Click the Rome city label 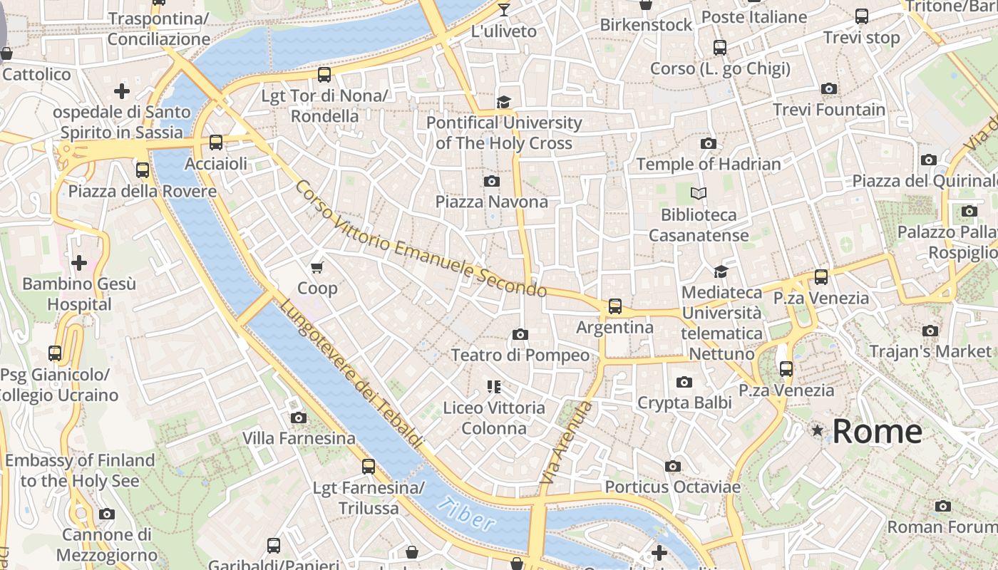click(x=877, y=432)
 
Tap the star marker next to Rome click(x=817, y=430)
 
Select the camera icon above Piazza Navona click(x=491, y=181)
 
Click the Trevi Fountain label click(x=829, y=110)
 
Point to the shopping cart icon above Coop click(x=317, y=267)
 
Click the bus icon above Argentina click(x=614, y=306)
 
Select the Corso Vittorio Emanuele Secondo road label click(x=421, y=239)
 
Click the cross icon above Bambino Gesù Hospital click(x=79, y=263)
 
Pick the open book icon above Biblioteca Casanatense click(x=699, y=193)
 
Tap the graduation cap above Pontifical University click(x=504, y=102)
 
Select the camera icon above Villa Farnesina click(x=299, y=418)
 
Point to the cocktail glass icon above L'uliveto click(x=504, y=10)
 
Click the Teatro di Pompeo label click(x=520, y=355)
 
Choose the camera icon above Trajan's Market click(x=930, y=331)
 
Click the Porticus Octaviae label click(x=672, y=487)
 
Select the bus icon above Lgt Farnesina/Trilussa click(x=369, y=467)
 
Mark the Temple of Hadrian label click(x=708, y=164)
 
